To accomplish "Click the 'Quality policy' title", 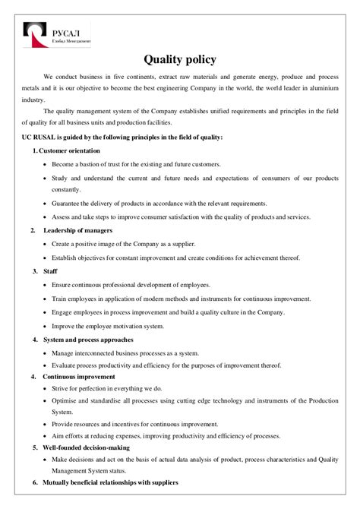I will (x=180, y=58).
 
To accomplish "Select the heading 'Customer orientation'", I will (x=70, y=150).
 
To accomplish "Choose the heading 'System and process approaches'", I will (x=88, y=339).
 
